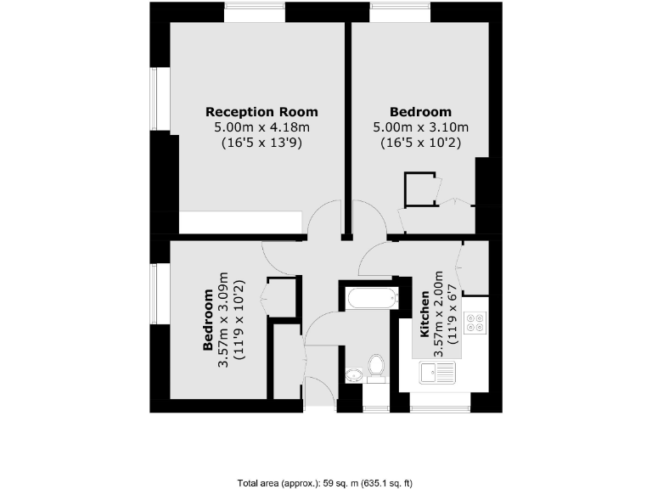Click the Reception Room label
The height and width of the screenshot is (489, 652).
point(261,111)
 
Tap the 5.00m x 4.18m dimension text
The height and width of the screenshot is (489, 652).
point(261,127)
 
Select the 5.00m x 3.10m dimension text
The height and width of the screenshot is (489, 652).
point(420,127)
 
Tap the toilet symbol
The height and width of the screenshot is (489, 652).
point(376,367)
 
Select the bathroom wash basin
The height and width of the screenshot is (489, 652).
point(354,374)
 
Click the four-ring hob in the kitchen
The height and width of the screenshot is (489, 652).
point(476,323)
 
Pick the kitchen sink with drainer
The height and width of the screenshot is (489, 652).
point(438,371)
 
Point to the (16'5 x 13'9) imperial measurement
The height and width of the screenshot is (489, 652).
point(261,143)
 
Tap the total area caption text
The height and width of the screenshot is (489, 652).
point(325,483)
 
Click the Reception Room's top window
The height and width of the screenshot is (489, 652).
point(255,13)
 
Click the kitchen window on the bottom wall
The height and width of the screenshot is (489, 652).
point(440,409)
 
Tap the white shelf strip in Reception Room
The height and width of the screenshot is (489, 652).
point(241,222)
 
